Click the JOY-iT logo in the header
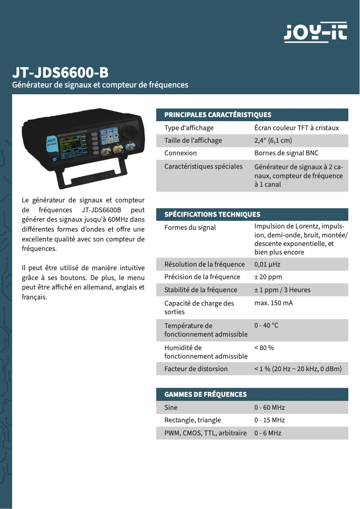click(316, 32)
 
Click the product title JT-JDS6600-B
click(60, 73)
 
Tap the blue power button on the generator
click(54, 159)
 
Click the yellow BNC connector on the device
click(119, 149)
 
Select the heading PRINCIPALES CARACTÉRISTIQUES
click(218, 115)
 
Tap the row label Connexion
click(180, 153)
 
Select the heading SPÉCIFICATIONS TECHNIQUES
click(212, 215)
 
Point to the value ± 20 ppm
click(268, 277)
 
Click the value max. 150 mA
click(273, 303)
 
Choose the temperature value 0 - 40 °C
click(266, 325)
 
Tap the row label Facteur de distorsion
click(196, 369)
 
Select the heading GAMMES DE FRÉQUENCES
click(206, 395)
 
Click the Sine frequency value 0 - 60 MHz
click(269, 408)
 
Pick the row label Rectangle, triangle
click(193, 420)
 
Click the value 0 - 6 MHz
click(268, 433)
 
